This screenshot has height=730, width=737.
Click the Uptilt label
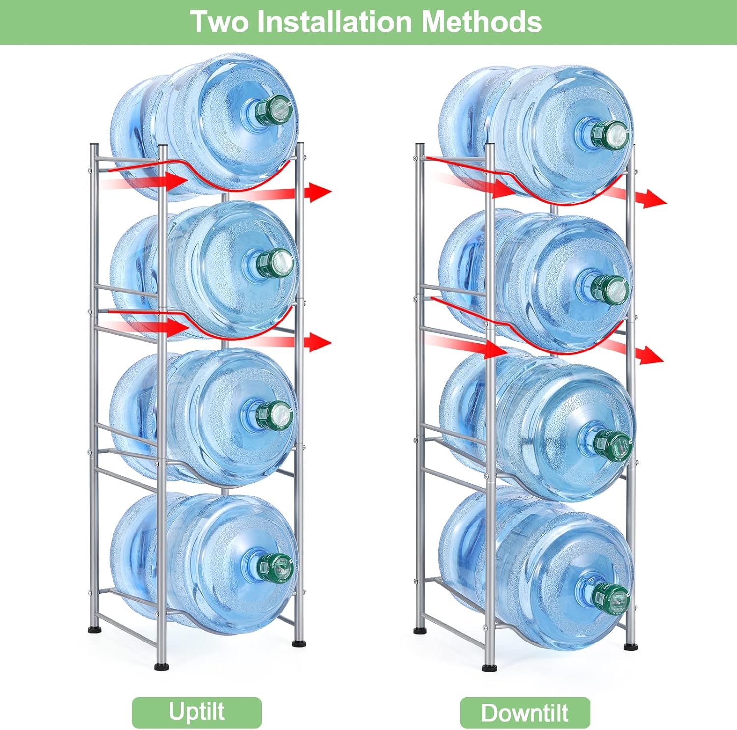(197, 712)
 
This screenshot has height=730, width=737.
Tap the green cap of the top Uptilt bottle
(275, 111)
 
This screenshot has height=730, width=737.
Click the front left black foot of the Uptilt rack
(161, 666)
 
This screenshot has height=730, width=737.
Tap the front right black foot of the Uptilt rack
(298, 642)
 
